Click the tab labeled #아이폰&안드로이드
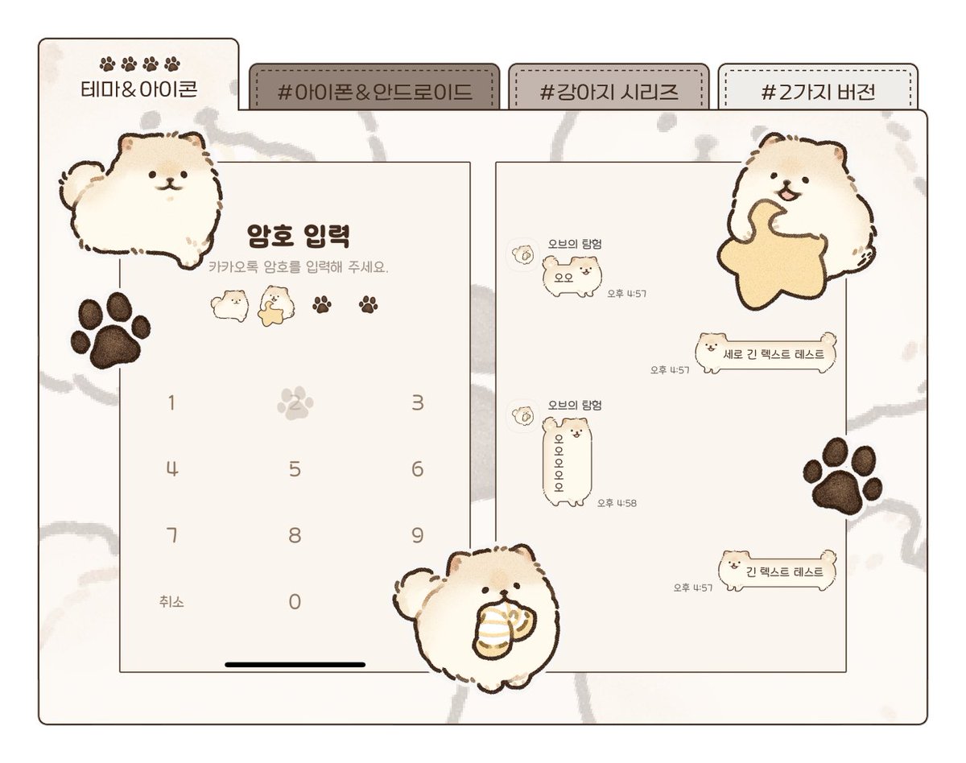pyautogui.click(x=374, y=90)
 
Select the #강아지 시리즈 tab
pyautogui.click(x=609, y=90)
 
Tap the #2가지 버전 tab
pyautogui.click(x=817, y=90)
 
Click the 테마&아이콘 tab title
pyautogui.click(x=139, y=88)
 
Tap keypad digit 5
pyautogui.click(x=295, y=468)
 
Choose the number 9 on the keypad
pyautogui.click(x=417, y=534)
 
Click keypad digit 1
pyautogui.click(x=171, y=402)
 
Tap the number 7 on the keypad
pyautogui.click(x=171, y=534)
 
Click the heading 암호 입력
pyautogui.click(x=298, y=235)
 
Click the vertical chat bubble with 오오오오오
pyautogui.click(x=563, y=463)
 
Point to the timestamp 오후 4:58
pyautogui.click(x=617, y=503)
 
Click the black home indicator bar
pyautogui.click(x=295, y=665)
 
